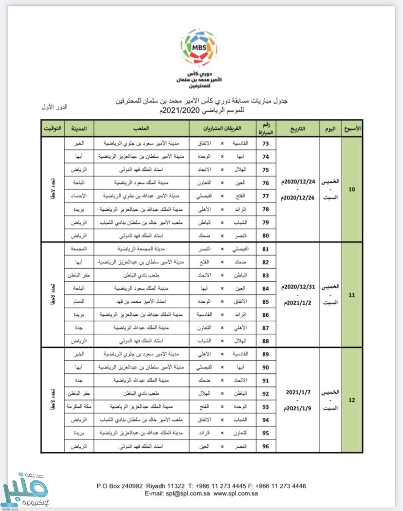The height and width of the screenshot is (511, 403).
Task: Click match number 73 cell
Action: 266,144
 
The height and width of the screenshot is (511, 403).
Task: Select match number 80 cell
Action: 266,236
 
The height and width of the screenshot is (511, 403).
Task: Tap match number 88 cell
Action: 266,341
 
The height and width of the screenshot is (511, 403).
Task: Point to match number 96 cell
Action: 266,446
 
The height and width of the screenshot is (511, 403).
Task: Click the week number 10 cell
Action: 352,190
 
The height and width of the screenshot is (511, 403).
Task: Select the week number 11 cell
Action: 352,295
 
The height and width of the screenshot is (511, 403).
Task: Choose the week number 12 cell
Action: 352,400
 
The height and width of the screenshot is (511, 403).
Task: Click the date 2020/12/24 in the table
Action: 298,182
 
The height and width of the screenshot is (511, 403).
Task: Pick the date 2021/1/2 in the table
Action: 298,302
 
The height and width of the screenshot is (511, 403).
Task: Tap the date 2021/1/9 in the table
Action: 298,407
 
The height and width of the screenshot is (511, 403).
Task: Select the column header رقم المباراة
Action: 266,129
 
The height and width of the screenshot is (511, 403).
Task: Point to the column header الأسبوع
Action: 352,129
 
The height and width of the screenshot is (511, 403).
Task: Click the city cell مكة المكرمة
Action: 79,406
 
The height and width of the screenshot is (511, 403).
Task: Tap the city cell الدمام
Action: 79,302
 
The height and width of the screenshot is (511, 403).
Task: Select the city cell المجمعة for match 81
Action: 79,249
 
